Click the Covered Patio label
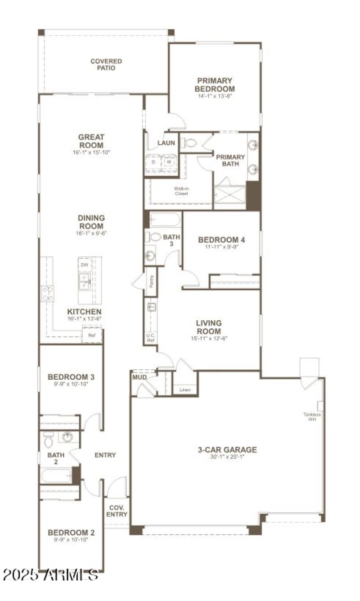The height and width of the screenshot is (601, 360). pyautogui.click(x=106, y=64)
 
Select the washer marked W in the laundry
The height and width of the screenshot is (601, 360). pyautogui.click(x=170, y=161)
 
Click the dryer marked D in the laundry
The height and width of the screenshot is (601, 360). pyautogui.click(x=153, y=161)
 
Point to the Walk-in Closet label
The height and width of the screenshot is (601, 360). pyautogui.click(x=181, y=191)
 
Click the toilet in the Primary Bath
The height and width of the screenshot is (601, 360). pyautogui.click(x=189, y=143)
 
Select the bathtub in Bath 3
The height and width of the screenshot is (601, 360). pyautogui.click(x=165, y=220)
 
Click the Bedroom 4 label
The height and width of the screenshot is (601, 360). pyautogui.click(x=221, y=240)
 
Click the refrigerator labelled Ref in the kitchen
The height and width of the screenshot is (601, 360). pyautogui.click(x=92, y=335)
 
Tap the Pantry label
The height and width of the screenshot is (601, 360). pyautogui.click(x=152, y=282)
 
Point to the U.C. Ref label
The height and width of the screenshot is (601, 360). pyautogui.click(x=151, y=338)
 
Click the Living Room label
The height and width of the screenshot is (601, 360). pyautogui.click(x=209, y=327)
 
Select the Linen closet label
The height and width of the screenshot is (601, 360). pyautogui.click(x=184, y=390)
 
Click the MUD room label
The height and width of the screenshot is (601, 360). pyautogui.click(x=139, y=377)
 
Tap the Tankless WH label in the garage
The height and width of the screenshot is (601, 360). pyautogui.click(x=312, y=417)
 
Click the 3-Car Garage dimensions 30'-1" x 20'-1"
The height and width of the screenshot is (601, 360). pyautogui.click(x=227, y=457)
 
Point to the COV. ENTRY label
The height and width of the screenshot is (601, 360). pyautogui.click(x=117, y=511)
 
